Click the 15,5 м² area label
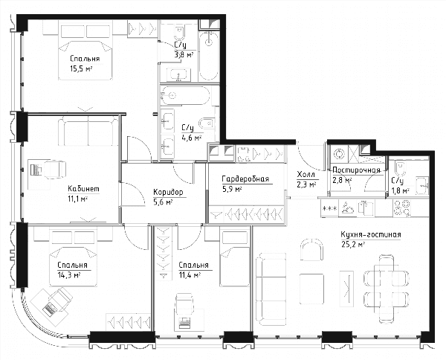pos(82,68)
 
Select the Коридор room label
pos(168,193)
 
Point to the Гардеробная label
pos(245,179)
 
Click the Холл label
pos(306,174)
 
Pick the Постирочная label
pos(356,170)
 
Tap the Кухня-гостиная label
pos(371,235)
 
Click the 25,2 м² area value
pos(353,245)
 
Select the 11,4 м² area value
pos(190,275)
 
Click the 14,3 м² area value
pos(68,275)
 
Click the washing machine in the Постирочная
pos(339,154)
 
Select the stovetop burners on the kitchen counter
pos(402,208)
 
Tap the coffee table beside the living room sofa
pos(311,289)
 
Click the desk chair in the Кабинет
pos(55,170)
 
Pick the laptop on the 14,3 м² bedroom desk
pos(50,309)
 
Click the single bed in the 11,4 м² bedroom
pos(235,258)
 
